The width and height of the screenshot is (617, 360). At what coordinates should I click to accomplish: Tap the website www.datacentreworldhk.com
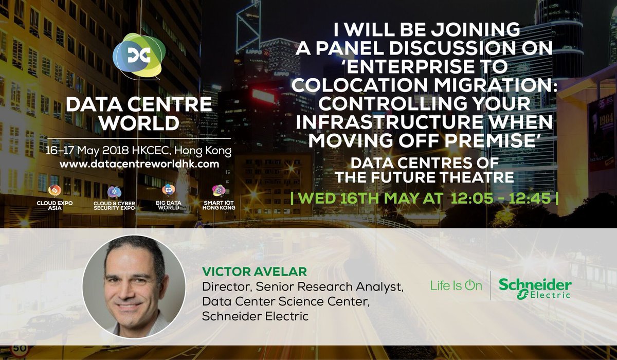pos(139,164)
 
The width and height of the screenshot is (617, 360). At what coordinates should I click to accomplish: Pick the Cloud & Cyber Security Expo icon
pos(114,192)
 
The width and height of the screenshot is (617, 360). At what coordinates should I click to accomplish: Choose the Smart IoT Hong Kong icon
pos(219,191)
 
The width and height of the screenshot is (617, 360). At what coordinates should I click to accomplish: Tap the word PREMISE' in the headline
pos(506,139)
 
